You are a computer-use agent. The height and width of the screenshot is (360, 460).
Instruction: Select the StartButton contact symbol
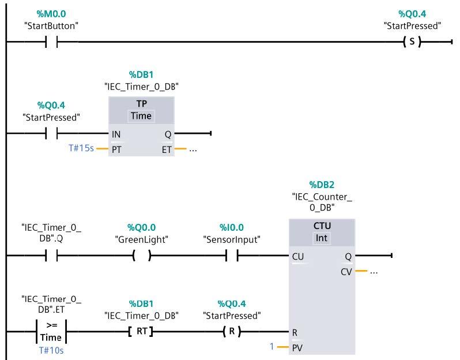click(x=51, y=42)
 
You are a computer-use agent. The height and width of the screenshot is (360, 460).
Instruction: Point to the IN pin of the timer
click(x=116, y=134)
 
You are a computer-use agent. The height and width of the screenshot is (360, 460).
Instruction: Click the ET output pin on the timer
click(x=167, y=149)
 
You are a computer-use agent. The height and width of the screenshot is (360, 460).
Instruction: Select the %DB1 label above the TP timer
click(x=141, y=74)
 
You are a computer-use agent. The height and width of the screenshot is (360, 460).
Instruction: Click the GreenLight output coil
click(x=141, y=256)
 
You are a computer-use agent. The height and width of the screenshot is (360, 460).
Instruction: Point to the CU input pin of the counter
click(x=298, y=256)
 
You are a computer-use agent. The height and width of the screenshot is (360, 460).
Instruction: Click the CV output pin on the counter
click(x=346, y=271)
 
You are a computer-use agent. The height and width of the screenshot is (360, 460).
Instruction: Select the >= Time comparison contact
click(x=51, y=332)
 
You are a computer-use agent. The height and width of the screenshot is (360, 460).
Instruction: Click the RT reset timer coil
click(x=141, y=332)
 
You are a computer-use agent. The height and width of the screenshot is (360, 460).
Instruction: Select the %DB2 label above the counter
click(x=323, y=185)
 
